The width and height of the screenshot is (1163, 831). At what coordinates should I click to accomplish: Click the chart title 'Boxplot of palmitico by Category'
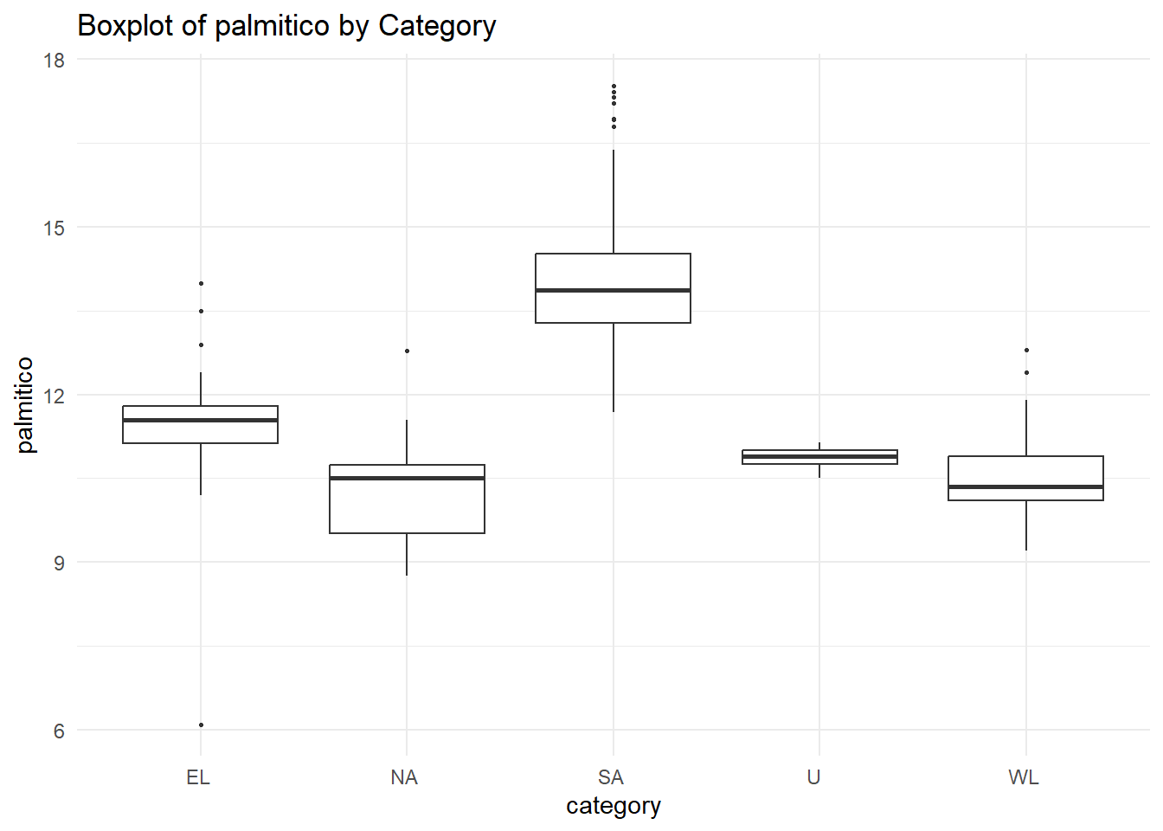click(x=286, y=26)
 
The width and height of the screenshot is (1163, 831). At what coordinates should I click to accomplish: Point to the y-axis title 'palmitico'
click(x=25, y=404)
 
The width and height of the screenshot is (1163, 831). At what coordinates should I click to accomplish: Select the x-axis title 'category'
click(x=613, y=806)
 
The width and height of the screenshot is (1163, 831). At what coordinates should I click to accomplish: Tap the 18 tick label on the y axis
click(x=55, y=61)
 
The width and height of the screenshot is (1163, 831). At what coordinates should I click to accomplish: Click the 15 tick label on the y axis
click(x=55, y=228)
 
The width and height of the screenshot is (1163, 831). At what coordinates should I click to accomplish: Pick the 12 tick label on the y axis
click(x=55, y=396)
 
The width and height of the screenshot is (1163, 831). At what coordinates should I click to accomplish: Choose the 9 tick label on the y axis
click(x=59, y=563)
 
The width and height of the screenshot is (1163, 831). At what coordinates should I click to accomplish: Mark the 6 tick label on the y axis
click(x=59, y=731)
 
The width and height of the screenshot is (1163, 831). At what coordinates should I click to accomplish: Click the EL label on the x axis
click(x=198, y=777)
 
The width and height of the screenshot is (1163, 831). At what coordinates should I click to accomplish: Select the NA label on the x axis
click(x=404, y=777)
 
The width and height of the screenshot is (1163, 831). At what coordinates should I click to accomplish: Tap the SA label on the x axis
click(x=611, y=777)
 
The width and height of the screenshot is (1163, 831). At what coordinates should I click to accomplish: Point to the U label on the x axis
click(x=813, y=777)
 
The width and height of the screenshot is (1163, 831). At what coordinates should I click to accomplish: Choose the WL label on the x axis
click(x=1024, y=777)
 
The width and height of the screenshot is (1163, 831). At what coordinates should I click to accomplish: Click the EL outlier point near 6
click(x=201, y=725)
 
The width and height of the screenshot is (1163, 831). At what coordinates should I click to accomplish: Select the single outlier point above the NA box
click(x=407, y=351)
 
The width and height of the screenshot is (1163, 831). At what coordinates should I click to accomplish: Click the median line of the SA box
click(x=613, y=290)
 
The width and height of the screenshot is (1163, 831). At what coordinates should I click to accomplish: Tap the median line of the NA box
click(x=407, y=478)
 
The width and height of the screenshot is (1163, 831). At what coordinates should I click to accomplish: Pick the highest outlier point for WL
click(x=1026, y=350)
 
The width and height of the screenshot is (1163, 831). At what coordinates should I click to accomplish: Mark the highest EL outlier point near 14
click(x=201, y=283)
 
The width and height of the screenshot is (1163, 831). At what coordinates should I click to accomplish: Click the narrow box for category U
click(x=819, y=457)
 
